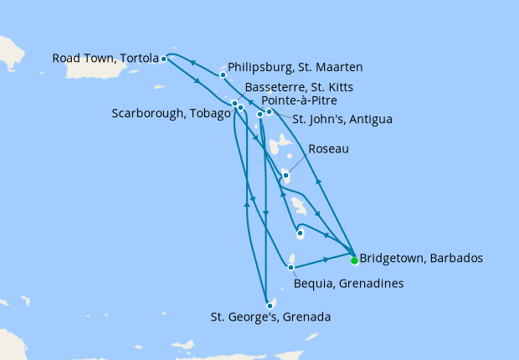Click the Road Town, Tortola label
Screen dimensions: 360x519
point(105,59)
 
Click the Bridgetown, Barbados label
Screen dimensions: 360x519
point(420,258)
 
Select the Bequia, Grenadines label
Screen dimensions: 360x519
point(349,284)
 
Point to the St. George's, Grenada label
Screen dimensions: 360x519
point(270,317)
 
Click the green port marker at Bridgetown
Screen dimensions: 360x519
point(354,260)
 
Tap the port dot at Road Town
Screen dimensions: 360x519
point(164,59)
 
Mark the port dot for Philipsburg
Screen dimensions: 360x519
point(223,75)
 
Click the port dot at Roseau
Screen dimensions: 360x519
point(285,175)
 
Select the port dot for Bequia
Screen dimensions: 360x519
point(290,268)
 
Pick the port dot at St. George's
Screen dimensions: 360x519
point(269,306)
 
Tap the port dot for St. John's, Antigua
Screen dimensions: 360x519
point(269,111)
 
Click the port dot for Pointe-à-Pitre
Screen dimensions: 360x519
point(259,114)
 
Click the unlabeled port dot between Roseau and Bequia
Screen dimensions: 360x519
point(300,234)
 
